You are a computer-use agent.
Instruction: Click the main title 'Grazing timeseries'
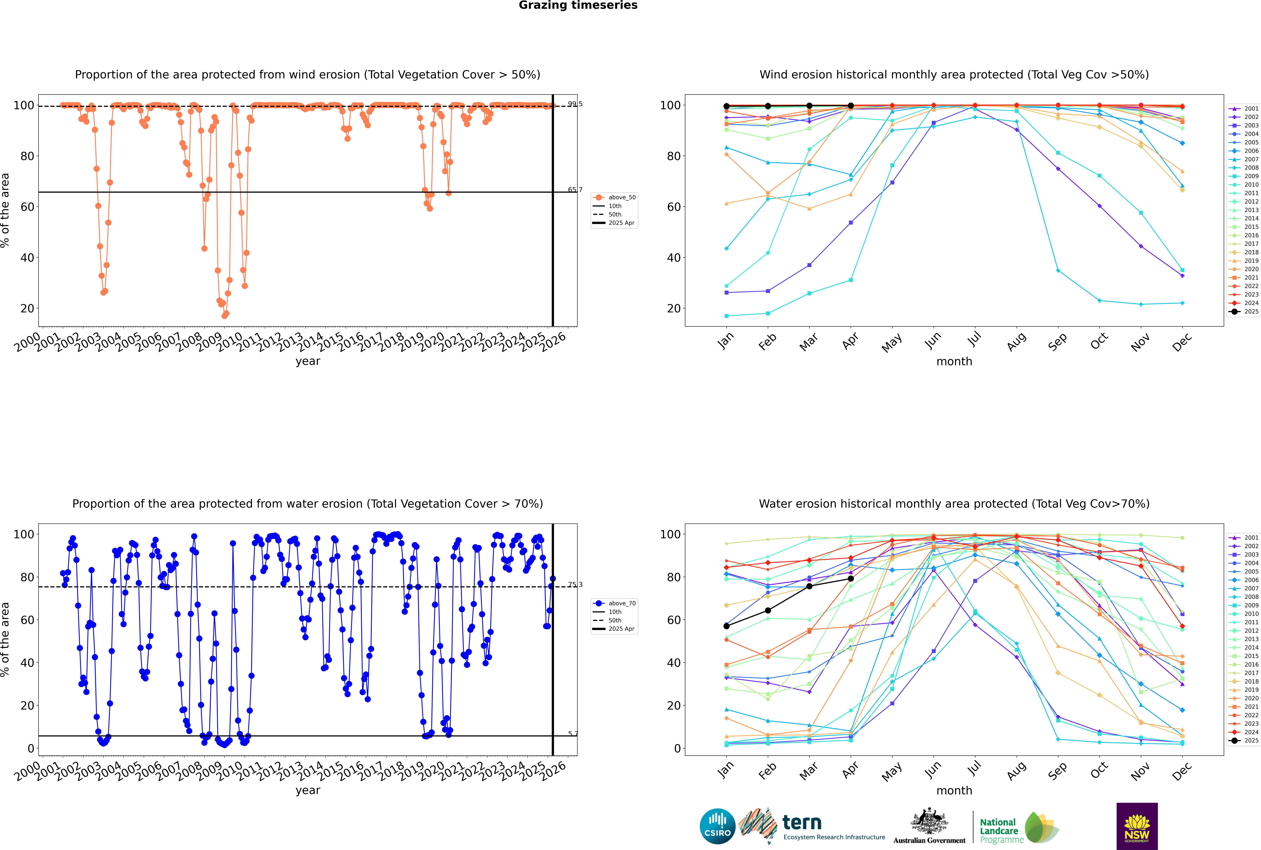tap(578, 5)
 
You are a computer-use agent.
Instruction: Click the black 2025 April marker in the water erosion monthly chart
tap(851, 579)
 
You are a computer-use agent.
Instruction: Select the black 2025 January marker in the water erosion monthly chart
tap(726, 626)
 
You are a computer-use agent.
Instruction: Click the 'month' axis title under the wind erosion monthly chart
tap(954, 362)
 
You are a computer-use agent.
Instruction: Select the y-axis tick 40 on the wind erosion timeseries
tap(27, 258)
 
